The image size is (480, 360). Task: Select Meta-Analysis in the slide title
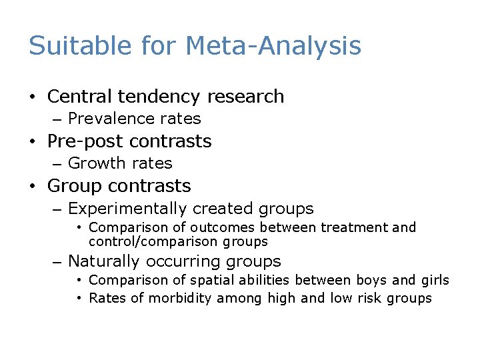pyautogui.click(x=273, y=46)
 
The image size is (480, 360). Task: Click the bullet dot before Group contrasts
pyautogui.click(x=32, y=186)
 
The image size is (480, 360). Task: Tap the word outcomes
pyautogui.click(x=214, y=227)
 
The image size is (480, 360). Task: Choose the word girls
pyautogui.click(x=435, y=281)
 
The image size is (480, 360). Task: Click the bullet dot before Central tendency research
pyautogui.click(x=32, y=97)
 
